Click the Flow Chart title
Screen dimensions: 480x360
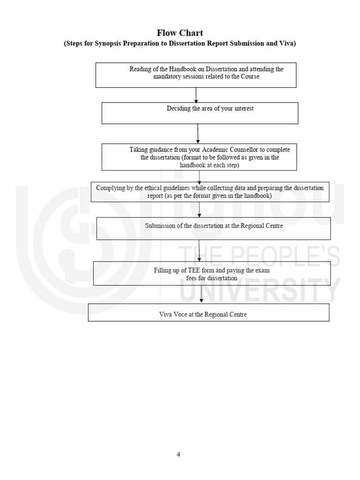coord(180,33)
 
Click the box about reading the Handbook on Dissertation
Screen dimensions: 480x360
coord(196,75)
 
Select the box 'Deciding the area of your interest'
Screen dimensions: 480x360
coord(200,112)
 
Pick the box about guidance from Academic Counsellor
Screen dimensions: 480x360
coord(200,157)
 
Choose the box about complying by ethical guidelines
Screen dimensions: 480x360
coord(210,192)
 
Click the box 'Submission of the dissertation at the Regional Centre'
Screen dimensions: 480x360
coord(213,228)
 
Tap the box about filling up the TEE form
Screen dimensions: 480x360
coord(211,273)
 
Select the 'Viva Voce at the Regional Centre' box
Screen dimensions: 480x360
coord(208,312)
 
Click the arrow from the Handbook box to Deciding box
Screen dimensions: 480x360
coord(196,95)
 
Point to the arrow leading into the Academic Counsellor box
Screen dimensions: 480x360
coord(198,134)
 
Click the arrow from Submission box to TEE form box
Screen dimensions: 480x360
coord(200,250)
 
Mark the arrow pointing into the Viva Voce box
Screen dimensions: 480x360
coord(202,294)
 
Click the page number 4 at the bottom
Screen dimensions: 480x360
coord(178,454)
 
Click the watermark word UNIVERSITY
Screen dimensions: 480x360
coord(258,291)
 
